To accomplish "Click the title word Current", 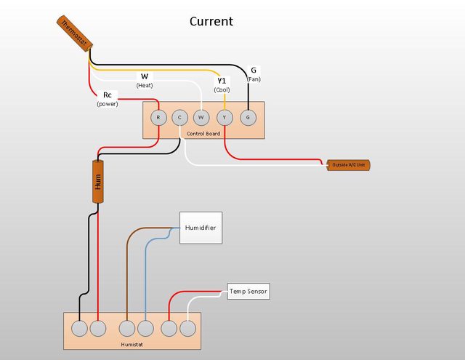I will (211, 21).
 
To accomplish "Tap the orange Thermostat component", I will (73, 33).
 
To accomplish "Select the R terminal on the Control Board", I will (158, 117).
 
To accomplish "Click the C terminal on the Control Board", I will (180, 117).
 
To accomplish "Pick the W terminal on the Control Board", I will (202, 117).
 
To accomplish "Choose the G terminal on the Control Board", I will (248, 117).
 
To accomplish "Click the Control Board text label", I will (203, 134).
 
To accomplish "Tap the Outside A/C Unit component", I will (349, 165).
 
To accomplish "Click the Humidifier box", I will (199, 228).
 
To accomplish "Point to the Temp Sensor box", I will (248, 292).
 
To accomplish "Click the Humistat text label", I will (132, 343).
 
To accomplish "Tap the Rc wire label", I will (108, 95).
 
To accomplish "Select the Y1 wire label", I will (222, 80).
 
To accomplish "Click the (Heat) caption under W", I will (145, 85).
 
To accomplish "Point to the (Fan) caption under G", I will (254, 79).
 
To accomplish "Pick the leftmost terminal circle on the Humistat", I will (79, 328).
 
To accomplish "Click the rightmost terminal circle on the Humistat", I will (188, 328).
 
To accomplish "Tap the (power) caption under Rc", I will (108, 105).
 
